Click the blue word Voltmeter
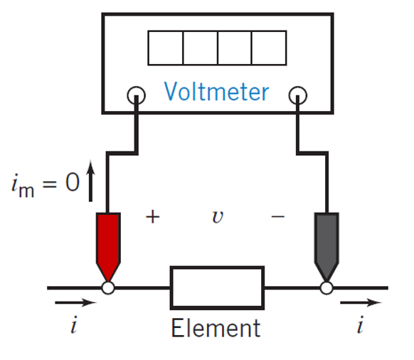coord(216,91)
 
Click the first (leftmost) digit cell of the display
coord(166,48)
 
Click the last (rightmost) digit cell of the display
coord(269,48)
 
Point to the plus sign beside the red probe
coord(153,217)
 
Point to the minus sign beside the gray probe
coord(278,217)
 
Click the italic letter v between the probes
coord(218,218)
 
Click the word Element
coord(216,328)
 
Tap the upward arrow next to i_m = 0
coord(90,181)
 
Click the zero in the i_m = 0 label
coord(73,182)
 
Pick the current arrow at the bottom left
coord(76,302)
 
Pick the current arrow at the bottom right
coord(361,302)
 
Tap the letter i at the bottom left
coord(74,324)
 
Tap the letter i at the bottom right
coord(360,324)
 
